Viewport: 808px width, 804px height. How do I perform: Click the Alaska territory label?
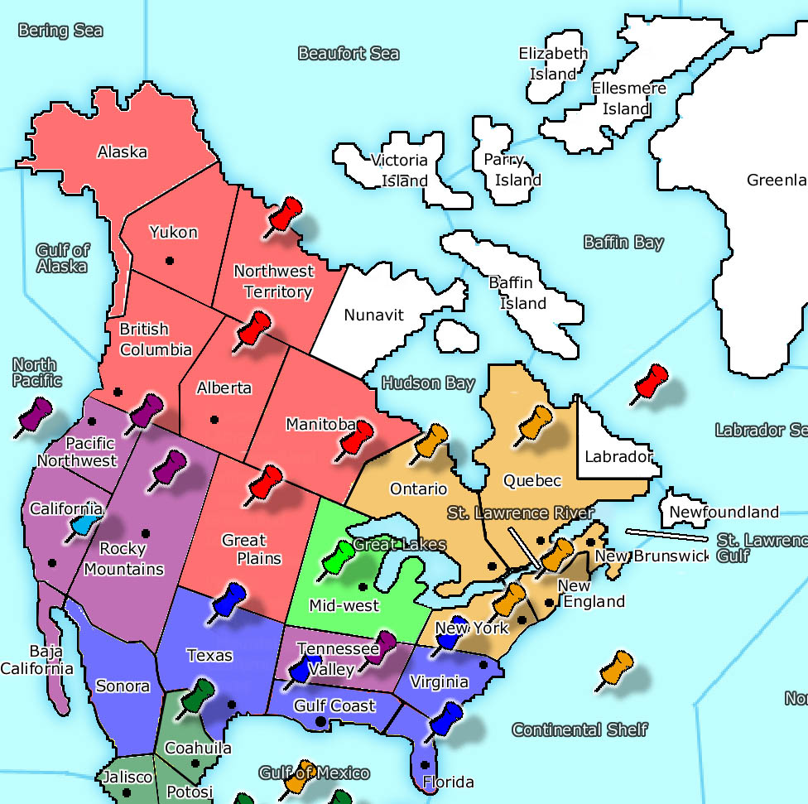point(122,152)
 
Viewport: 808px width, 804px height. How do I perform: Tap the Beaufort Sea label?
point(348,54)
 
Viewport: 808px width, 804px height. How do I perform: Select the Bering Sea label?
point(60,31)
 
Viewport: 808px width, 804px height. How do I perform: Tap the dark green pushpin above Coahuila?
point(199,694)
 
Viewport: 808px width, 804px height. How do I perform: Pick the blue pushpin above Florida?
point(447,717)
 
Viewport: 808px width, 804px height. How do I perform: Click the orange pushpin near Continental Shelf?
point(616,667)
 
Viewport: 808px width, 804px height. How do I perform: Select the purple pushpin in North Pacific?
point(36,413)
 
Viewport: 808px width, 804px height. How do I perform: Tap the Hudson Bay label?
point(428,383)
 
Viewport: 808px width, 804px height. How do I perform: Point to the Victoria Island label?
point(399,171)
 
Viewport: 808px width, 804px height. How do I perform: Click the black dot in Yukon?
point(170,261)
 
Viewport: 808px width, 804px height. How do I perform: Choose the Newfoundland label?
point(724,512)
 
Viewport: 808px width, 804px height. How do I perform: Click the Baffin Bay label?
point(623,243)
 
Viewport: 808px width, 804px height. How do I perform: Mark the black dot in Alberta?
point(214,418)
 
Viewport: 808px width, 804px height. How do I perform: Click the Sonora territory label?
point(123,686)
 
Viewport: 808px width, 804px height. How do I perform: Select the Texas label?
point(209,655)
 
